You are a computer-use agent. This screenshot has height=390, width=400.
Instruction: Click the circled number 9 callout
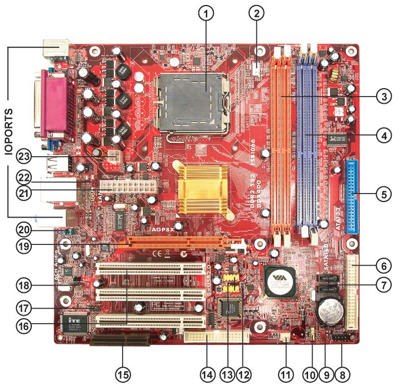[x=329, y=372]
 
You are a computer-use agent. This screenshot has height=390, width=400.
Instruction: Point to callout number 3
[x=382, y=96]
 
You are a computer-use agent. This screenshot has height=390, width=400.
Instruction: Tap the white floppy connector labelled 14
[x=215, y=336]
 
